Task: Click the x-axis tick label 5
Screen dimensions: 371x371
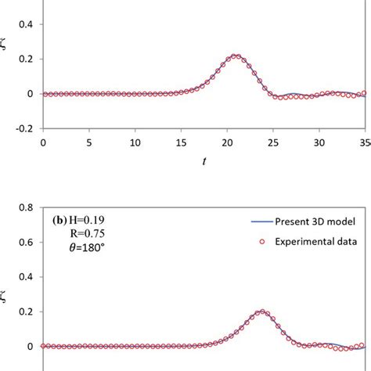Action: pyautogui.click(x=89, y=143)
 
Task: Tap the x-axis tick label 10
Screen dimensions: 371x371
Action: pyautogui.click(x=135, y=143)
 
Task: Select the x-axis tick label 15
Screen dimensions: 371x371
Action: pyautogui.click(x=182, y=143)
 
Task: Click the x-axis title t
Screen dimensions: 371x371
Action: pyautogui.click(x=204, y=161)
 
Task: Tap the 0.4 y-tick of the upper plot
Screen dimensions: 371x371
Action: pyautogui.click(x=26, y=24)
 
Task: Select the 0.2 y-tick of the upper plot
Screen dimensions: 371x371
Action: pyautogui.click(x=26, y=59)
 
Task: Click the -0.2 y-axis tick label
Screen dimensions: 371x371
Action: pyautogui.click(x=24, y=128)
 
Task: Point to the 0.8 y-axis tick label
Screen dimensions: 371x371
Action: pyautogui.click(x=26, y=209)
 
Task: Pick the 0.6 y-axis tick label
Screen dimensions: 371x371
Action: pyautogui.click(x=26, y=243)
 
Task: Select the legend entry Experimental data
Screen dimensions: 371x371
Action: pyautogui.click(x=321, y=243)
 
